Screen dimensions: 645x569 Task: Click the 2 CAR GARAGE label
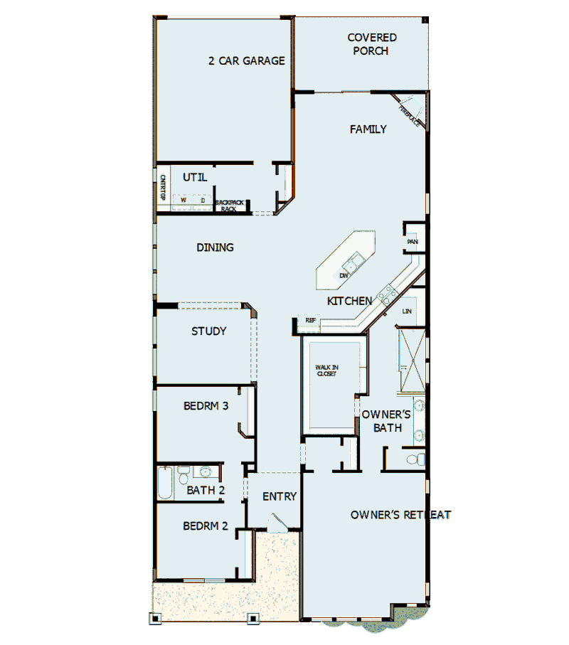(246, 61)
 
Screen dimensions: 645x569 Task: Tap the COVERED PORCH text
(372, 44)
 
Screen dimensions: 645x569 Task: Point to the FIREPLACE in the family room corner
(412, 114)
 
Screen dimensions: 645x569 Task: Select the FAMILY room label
(368, 129)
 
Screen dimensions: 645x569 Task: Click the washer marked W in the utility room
(183, 201)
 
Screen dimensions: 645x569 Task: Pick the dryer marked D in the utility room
(202, 201)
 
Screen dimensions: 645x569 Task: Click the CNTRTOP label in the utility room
(162, 188)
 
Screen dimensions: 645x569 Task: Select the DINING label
(215, 247)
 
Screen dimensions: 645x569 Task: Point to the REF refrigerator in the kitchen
(310, 321)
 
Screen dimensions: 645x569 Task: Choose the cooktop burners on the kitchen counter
(388, 294)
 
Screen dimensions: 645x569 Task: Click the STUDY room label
(209, 331)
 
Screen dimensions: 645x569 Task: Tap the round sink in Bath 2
(207, 471)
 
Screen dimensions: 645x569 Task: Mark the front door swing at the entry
(276, 524)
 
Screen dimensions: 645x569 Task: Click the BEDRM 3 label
(206, 407)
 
